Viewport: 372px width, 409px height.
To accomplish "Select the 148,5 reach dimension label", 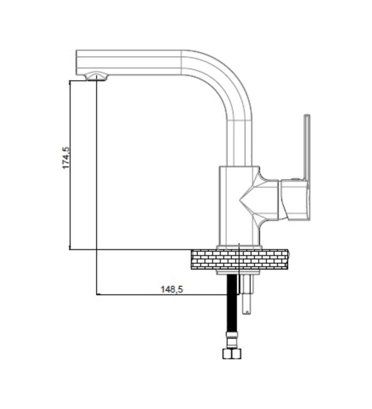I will pos(171,289).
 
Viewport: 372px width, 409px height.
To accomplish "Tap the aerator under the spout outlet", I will pos(96,77).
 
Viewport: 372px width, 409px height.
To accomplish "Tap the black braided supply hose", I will pos(233,307).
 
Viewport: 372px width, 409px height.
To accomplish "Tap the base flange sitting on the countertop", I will pos(239,247).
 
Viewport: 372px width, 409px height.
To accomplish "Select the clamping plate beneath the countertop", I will pos(239,272).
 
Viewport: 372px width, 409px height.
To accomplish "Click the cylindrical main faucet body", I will pos(232,204).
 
